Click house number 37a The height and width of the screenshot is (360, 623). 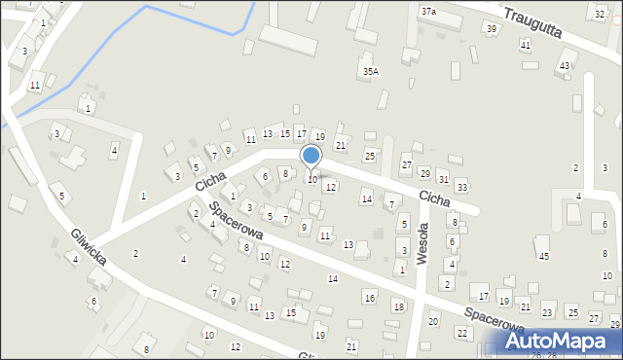click(428, 11)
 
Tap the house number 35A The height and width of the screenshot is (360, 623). click(370, 71)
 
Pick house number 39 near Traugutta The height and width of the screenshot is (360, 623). click(492, 29)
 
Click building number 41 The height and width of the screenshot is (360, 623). click(526, 46)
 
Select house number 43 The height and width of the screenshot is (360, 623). click(564, 65)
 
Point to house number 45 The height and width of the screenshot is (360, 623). click(544, 256)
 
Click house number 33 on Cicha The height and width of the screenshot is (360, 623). click(461, 187)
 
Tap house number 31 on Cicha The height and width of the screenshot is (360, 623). click(443, 180)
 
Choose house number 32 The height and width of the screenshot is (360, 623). click(600, 15)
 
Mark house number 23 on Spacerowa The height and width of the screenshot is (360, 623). click(548, 313)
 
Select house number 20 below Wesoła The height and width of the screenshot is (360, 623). click(433, 321)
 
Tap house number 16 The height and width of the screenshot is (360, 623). click(369, 297)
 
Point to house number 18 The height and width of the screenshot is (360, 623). click(398, 306)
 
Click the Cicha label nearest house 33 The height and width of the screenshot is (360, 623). click(433, 198)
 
